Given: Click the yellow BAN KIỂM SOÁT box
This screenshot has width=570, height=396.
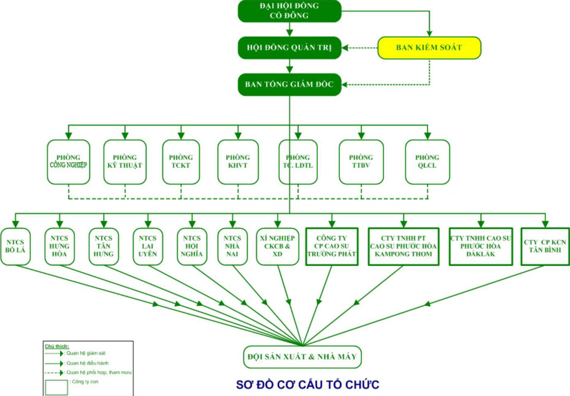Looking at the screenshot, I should [x=429, y=47].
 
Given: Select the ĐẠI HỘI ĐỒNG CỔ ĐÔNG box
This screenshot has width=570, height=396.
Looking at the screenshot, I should [x=289, y=11].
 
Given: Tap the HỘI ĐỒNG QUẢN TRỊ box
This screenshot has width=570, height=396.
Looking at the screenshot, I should [x=289, y=47].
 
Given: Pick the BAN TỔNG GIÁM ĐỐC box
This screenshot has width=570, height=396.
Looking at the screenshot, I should [x=289, y=84].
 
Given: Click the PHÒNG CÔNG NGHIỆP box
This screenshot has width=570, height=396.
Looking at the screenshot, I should [x=68, y=162].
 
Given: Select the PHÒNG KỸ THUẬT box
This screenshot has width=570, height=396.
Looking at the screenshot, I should [x=125, y=162].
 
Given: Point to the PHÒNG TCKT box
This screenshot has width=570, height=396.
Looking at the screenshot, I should [x=181, y=162].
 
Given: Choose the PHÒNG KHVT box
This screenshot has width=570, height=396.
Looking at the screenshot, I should [x=238, y=162].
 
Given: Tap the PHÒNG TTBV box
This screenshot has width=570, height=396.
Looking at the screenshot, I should [x=361, y=162].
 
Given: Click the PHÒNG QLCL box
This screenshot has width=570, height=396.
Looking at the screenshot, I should [x=427, y=162].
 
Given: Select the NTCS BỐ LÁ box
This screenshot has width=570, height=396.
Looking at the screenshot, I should [x=16, y=246].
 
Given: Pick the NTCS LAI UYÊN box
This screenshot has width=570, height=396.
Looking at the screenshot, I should [x=148, y=246].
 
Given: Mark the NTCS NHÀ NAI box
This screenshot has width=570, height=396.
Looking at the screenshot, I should [x=232, y=246].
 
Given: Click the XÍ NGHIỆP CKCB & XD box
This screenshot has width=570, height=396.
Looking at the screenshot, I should [x=277, y=246].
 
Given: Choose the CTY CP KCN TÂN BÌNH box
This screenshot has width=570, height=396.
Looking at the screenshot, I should [x=545, y=246].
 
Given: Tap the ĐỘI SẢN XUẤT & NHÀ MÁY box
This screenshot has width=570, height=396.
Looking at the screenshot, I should [x=302, y=357].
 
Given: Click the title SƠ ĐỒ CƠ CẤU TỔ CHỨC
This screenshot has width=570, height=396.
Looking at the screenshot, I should [x=307, y=385].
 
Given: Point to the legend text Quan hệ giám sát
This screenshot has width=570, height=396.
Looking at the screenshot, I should [x=86, y=353].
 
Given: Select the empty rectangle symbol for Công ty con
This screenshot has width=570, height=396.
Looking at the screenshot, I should [x=56, y=387].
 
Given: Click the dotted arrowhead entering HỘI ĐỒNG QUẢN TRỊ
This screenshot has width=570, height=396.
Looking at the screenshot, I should [x=345, y=48].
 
